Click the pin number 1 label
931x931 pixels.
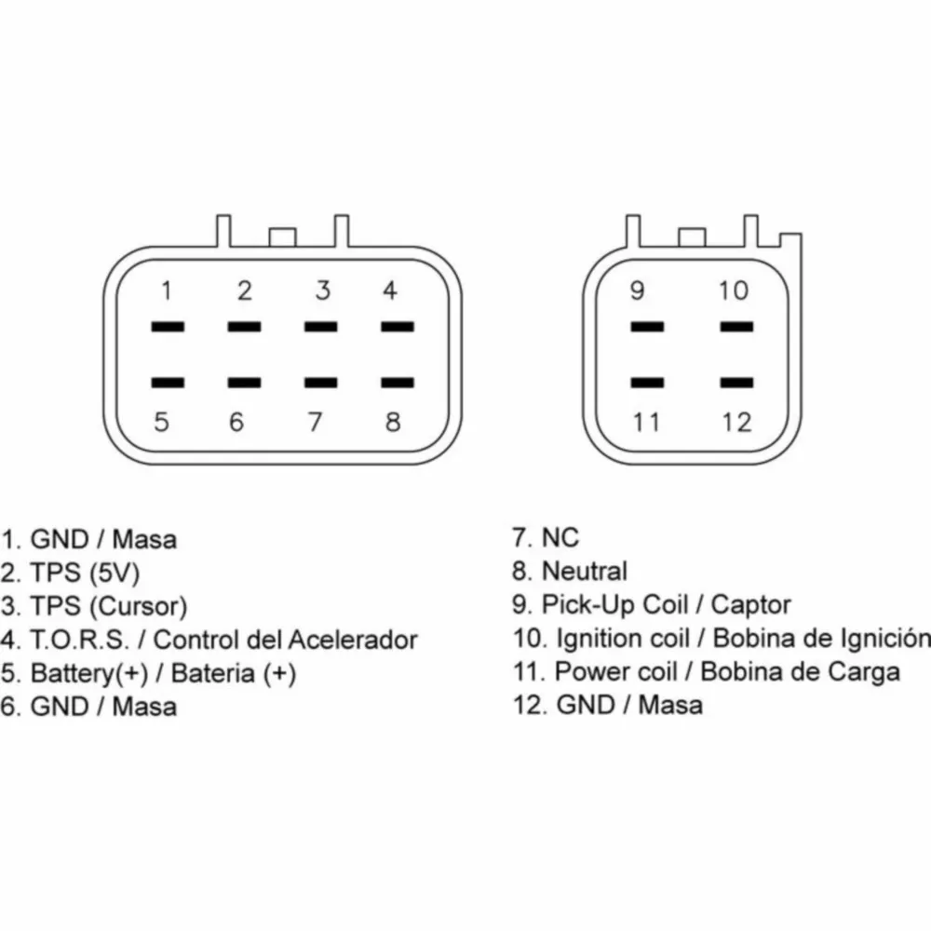click(x=167, y=290)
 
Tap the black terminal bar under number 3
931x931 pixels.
click(x=320, y=327)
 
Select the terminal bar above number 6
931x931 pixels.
click(x=244, y=383)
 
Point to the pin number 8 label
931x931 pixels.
click(x=393, y=422)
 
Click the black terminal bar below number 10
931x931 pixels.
click(x=736, y=327)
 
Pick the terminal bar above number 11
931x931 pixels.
click(x=647, y=383)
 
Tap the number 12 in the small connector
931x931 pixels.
click(x=736, y=422)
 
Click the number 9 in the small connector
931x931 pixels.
click(x=637, y=290)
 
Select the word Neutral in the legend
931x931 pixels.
click(x=585, y=572)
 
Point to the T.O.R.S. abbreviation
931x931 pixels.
click(x=79, y=640)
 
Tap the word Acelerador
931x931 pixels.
click(x=352, y=640)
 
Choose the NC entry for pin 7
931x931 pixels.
click(x=560, y=538)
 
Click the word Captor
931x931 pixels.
click(x=750, y=605)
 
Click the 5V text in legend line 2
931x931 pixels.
click(x=115, y=573)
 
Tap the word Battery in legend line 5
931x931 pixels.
click(x=72, y=673)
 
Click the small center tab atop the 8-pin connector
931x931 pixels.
click(x=282, y=236)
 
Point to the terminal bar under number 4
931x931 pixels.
click(x=398, y=327)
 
